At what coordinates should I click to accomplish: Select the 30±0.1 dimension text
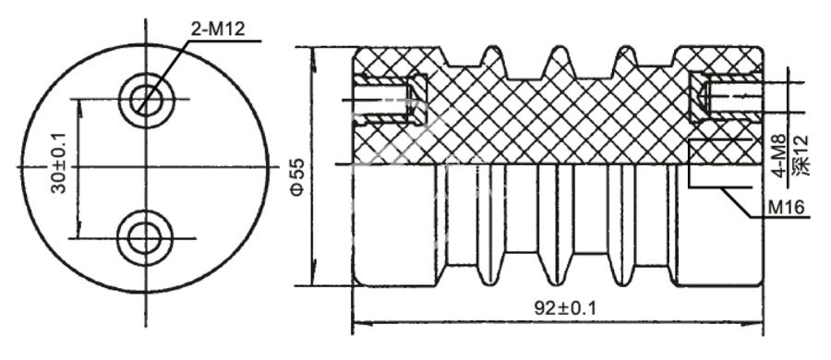(x=58, y=167)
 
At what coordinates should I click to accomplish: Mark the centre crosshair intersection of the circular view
(x=145, y=167)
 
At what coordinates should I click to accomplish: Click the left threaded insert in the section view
(x=383, y=99)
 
